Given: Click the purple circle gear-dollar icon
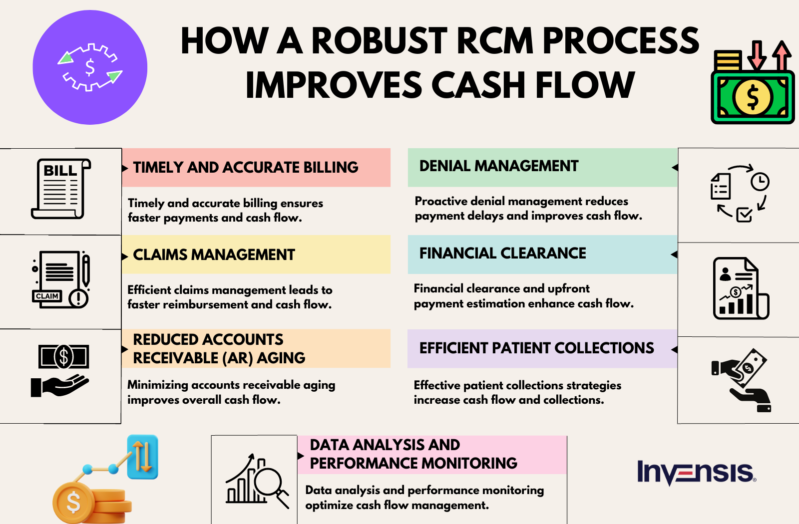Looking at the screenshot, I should [90, 67].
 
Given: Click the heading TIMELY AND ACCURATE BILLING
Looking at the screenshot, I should [246, 167].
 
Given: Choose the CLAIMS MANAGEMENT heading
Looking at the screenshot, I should [214, 255].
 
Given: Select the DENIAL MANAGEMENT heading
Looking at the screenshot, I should [498, 166].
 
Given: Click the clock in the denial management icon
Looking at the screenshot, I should [760, 181].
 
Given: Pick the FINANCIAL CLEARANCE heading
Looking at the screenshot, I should [502, 253].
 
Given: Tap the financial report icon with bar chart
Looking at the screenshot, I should [740, 288].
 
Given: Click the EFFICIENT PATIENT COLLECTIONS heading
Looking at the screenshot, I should [536, 348].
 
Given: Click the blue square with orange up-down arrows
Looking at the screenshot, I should [143, 457].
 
